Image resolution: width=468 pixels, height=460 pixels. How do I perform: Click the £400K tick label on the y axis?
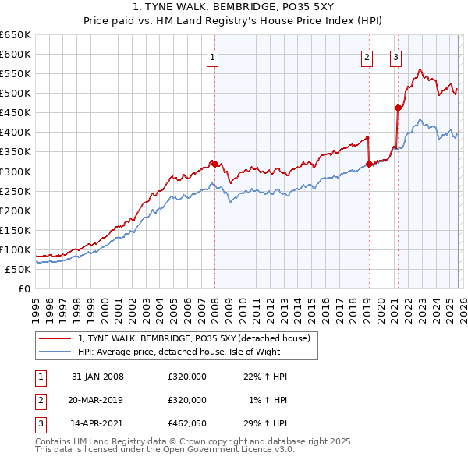pyautogui.click(x=16, y=132)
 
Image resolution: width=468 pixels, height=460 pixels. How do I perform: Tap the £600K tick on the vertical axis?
pyautogui.click(x=16, y=54)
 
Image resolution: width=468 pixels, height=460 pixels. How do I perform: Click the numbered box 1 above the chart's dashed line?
pyautogui.click(x=212, y=56)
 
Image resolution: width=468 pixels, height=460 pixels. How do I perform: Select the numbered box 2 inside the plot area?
pyautogui.click(x=367, y=56)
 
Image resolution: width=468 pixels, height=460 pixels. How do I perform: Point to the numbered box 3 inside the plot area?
pyautogui.click(x=395, y=56)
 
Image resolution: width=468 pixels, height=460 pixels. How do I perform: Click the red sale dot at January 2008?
pyautogui.click(x=214, y=164)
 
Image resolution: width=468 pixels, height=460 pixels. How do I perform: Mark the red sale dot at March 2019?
pyautogui.click(x=369, y=164)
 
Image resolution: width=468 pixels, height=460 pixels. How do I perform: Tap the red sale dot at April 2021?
pyautogui.click(x=398, y=108)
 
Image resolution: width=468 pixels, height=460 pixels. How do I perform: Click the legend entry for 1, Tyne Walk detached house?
pyautogui.click(x=194, y=338)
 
